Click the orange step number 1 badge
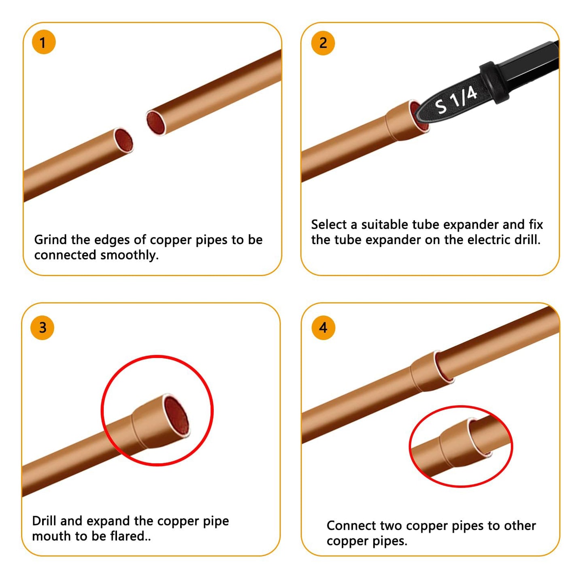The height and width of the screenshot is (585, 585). click(x=43, y=42)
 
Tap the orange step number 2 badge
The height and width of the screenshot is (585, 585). click(x=323, y=43)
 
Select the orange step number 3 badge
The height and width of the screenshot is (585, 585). click(x=43, y=328)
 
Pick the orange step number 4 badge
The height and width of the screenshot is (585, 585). click(x=323, y=328)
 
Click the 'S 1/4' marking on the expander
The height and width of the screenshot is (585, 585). click(x=455, y=100)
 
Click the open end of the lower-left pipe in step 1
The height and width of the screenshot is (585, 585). click(x=123, y=141)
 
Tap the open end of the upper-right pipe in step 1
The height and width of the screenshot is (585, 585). click(x=156, y=122)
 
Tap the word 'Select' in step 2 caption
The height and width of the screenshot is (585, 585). click(x=329, y=224)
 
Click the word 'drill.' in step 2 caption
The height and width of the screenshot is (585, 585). click(x=527, y=240)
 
